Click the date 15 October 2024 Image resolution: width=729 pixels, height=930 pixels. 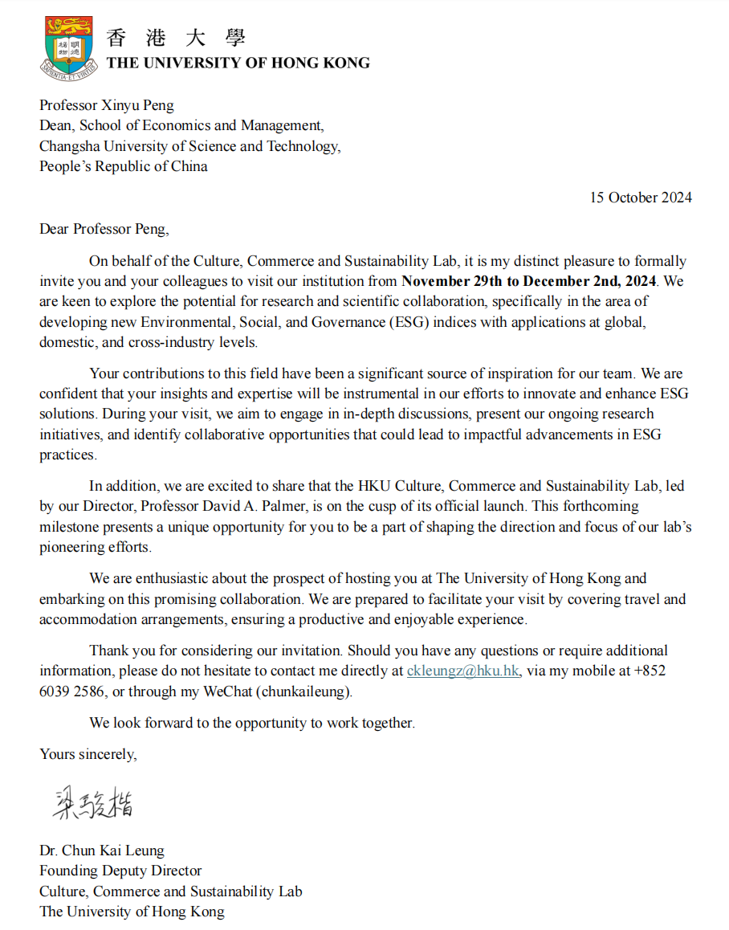point(640,198)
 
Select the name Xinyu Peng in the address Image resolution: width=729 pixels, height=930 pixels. point(140,105)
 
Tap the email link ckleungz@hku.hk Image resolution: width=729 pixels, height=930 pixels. point(462,671)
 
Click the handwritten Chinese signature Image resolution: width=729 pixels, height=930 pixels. point(93,801)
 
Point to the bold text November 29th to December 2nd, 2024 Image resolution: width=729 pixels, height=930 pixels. point(529,282)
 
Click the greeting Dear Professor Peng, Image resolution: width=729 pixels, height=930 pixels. point(104,229)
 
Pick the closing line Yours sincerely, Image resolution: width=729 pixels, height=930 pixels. point(88,754)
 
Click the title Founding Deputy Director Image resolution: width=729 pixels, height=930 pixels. point(120,871)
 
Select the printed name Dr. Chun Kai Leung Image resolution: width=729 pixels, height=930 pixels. point(102,850)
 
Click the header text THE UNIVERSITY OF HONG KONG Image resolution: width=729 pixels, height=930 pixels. point(238,63)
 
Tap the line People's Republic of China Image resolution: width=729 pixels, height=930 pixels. point(124,167)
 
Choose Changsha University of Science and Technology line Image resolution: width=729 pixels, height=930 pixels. point(189,146)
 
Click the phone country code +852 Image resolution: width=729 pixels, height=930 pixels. point(650,671)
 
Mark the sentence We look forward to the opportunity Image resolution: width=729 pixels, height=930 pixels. point(252,723)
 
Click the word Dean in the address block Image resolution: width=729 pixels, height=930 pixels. point(54,126)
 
